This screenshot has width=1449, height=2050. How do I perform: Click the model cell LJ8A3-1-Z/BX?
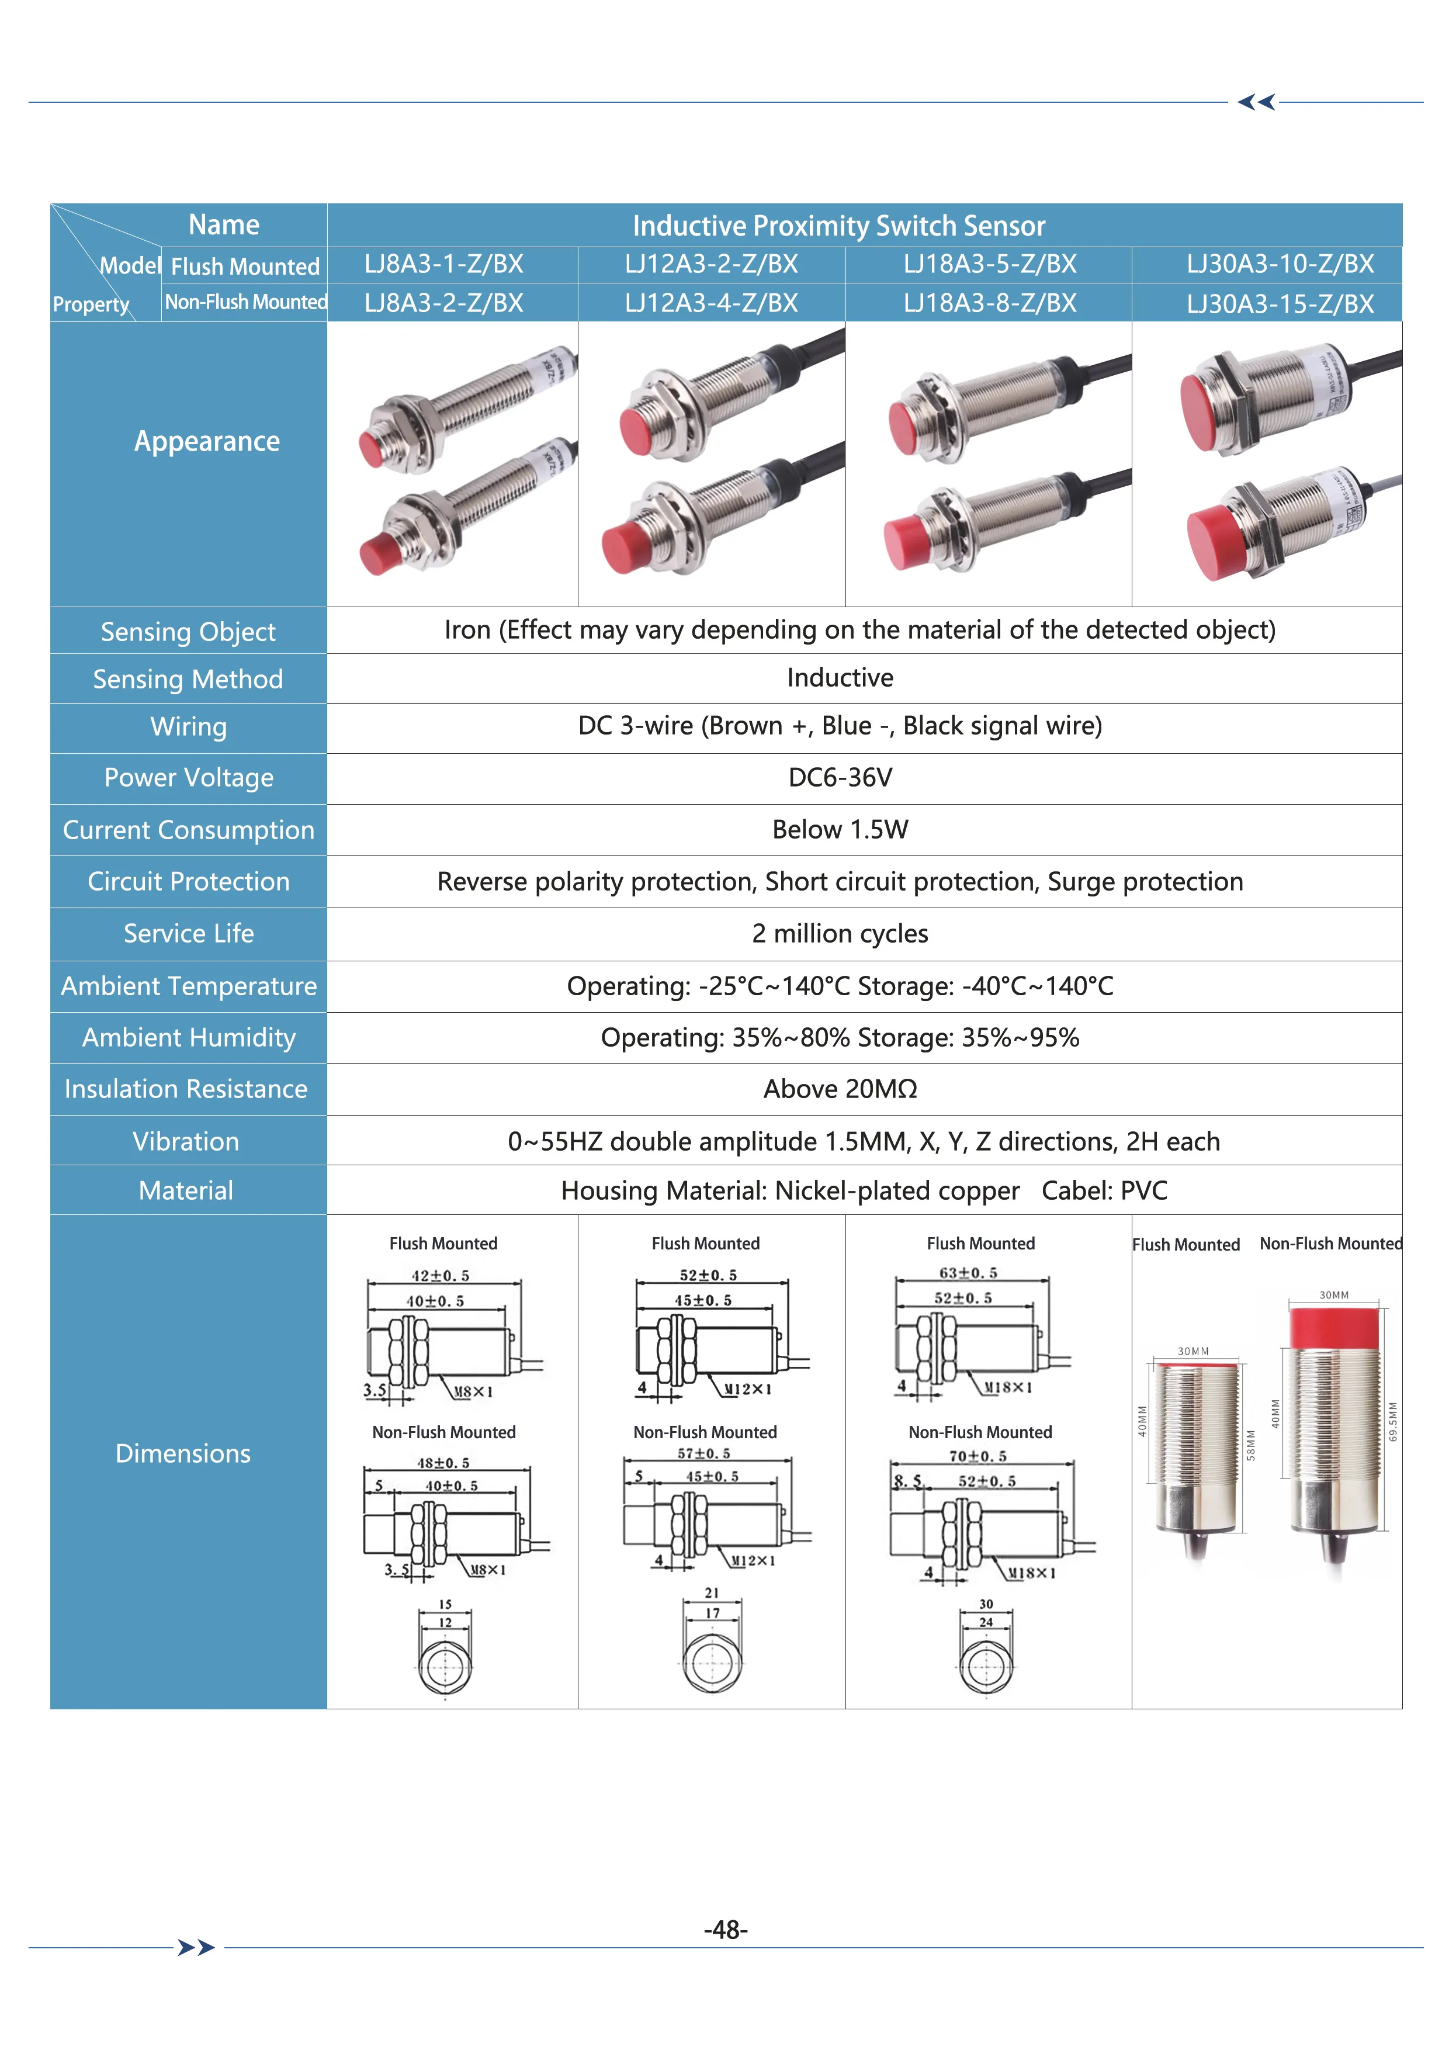click(x=443, y=264)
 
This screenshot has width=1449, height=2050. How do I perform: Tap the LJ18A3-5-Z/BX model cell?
click(x=989, y=264)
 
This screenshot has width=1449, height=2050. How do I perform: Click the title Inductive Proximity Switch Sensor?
click(x=838, y=226)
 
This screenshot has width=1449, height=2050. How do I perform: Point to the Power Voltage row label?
click(x=188, y=778)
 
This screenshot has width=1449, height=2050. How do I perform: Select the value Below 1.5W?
click(x=839, y=829)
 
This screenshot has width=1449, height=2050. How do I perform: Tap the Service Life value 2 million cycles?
click(x=839, y=934)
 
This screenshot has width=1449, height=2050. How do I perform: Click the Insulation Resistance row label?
click(x=186, y=1089)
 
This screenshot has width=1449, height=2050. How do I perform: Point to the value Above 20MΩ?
click(x=839, y=1089)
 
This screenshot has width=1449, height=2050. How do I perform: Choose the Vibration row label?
click(x=186, y=1142)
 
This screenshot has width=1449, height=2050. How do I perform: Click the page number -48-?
click(x=725, y=1930)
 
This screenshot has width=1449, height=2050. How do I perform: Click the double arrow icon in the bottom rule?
click(x=196, y=1947)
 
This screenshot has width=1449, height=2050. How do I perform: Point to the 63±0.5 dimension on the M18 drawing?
click(x=968, y=1273)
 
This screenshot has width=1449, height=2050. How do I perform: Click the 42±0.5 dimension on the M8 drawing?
click(x=440, y=1276)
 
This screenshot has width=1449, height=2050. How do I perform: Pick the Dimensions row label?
click(x=183, y=1453)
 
